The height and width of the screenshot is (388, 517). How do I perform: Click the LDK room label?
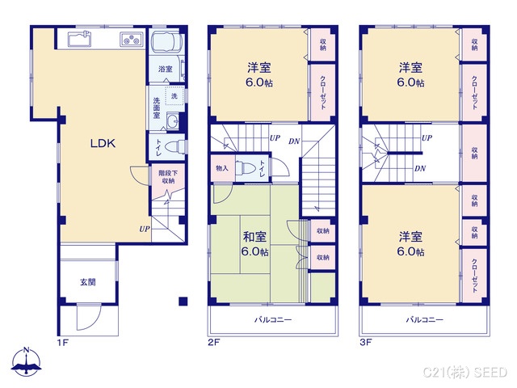[103, 144]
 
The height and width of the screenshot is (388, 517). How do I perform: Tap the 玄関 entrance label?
[87, 282]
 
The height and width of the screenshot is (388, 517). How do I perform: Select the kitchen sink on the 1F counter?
[79, 40]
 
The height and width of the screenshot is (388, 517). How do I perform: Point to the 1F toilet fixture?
[177, 146]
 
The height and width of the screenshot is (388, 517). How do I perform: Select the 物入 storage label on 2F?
[222, 169]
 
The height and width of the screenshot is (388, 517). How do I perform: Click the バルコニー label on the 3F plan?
[424, 319]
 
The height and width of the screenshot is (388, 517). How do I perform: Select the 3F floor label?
[366, 343]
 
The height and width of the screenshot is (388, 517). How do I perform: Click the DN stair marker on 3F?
[420, 168]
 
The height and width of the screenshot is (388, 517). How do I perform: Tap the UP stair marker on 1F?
[144, 229]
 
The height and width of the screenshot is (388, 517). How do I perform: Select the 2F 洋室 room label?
[258, 75]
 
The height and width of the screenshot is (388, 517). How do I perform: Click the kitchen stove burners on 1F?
[130, 39]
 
